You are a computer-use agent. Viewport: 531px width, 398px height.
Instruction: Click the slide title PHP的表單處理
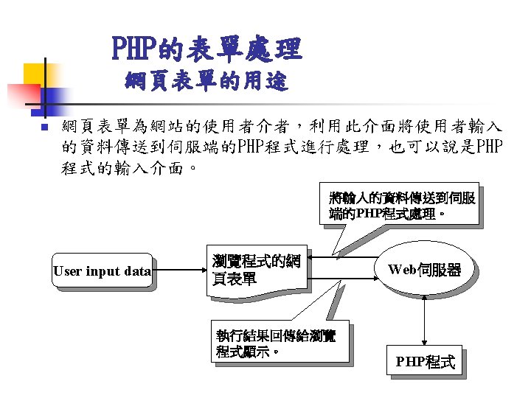(206, 49)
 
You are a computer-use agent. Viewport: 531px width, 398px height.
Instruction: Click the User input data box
(102, 271)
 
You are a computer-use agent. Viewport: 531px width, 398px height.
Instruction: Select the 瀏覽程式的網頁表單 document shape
(258, 271)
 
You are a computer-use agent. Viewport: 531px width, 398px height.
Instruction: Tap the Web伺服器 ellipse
(424, 270)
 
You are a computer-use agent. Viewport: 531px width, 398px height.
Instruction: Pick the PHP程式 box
(425, 362)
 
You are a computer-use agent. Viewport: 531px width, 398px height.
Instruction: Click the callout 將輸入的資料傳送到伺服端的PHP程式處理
(403, 206)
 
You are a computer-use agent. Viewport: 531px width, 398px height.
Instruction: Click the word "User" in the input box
(68, 271)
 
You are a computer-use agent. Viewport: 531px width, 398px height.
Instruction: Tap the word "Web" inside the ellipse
(403, 270)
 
